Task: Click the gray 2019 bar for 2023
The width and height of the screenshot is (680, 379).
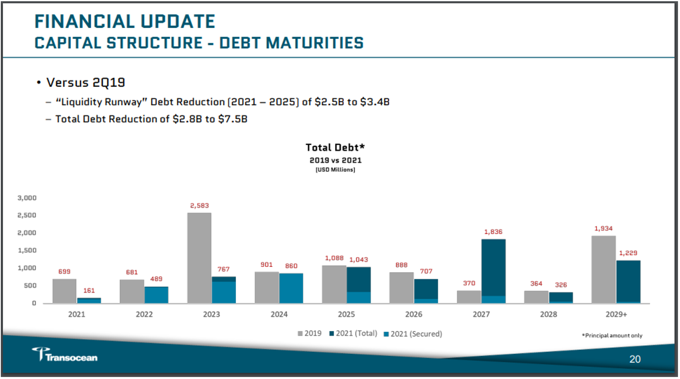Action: [199, 258]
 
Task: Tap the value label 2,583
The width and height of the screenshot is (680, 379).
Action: [200, 206]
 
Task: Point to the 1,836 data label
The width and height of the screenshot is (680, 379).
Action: [493, 232]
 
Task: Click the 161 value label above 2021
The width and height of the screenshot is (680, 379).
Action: [89, 291]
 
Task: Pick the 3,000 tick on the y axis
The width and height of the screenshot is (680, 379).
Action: [27, 198]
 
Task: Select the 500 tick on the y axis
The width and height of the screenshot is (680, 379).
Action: [30, 285]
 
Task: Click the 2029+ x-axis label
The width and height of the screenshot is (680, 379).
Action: [616, 314]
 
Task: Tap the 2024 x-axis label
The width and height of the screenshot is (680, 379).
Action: [279, 314]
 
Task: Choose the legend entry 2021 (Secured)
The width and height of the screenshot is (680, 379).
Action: [413, 334]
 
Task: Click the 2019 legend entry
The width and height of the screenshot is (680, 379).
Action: [309, 334]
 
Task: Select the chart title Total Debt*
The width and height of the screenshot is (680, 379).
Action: [335, 148]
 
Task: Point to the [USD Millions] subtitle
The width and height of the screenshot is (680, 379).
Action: [336, 170]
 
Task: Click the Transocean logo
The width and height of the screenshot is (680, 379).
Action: [65, 354]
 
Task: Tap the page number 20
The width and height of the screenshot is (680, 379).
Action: [635, 359]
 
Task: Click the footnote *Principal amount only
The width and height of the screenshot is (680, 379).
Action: [612, 336]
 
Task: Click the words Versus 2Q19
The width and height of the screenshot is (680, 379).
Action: [86, 82]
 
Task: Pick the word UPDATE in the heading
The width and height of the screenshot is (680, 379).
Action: [177, 22]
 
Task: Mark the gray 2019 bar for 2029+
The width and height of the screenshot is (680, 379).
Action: [603, 269]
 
